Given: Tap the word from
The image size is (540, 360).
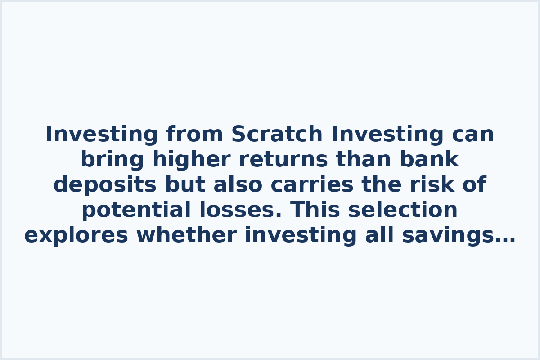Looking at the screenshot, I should click(194, 135).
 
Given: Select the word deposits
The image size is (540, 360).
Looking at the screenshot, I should click(105, 185).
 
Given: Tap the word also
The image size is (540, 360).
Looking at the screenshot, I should click(236, 185).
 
